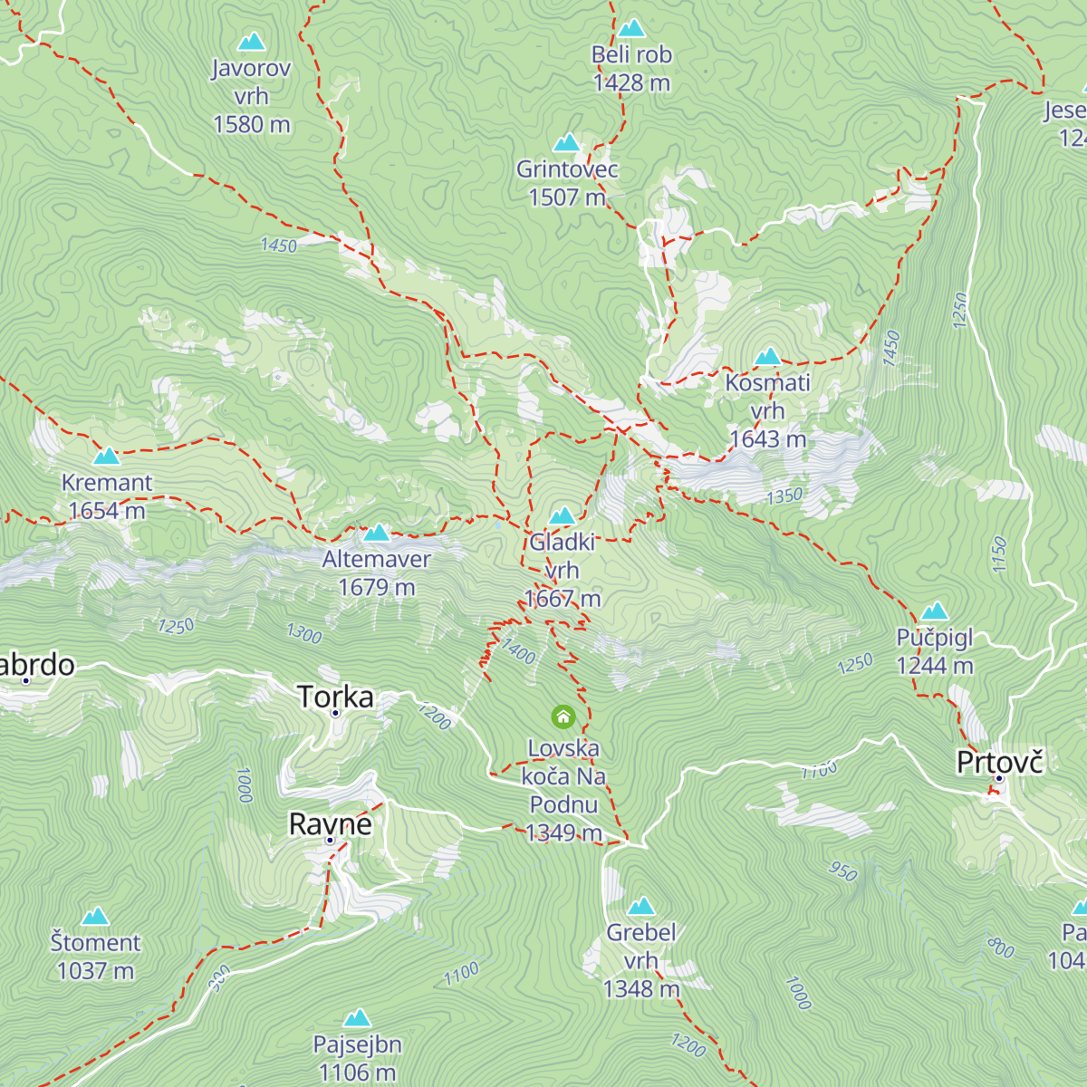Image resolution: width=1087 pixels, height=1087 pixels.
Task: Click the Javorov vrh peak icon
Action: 251,42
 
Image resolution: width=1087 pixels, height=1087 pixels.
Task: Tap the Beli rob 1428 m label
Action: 631,69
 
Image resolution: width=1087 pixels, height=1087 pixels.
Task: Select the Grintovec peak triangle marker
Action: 567,143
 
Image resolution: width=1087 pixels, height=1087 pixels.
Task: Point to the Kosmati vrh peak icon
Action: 768,356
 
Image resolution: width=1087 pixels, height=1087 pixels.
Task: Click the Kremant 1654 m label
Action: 107,496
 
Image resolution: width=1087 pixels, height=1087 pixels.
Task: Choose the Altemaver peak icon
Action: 377,533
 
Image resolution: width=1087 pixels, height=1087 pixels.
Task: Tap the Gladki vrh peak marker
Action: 563,516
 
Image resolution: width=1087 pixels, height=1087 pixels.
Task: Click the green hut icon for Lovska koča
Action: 563,717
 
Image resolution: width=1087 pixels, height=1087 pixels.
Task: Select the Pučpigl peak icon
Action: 935,611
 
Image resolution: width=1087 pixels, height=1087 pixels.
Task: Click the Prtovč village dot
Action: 999,779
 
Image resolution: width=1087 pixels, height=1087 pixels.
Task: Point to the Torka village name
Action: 335,697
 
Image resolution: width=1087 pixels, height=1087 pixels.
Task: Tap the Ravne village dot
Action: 331,841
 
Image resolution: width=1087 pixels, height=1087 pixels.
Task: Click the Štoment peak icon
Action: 95,917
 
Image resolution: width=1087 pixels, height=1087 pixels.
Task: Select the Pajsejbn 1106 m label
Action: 358,1058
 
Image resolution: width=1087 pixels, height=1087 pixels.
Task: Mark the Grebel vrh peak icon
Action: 641,907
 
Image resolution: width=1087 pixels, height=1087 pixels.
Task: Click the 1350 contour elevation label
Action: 784,495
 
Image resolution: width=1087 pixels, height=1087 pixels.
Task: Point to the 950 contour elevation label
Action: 843,871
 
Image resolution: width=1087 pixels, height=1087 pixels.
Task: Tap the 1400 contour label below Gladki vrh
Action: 519,651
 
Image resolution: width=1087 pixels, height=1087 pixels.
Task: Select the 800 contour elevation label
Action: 1001,948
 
